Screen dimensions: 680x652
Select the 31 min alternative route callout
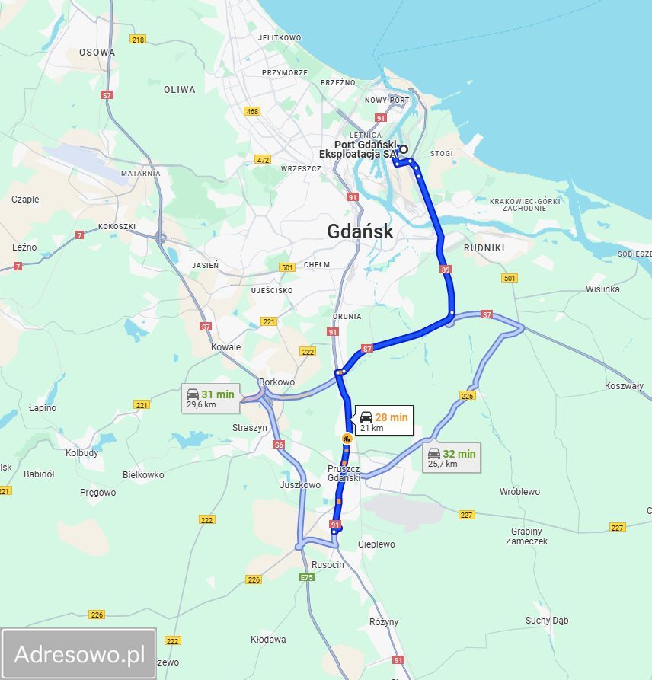pos(210,398)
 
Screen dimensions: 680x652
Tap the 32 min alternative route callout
pos(452,458)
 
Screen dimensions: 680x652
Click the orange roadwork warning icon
pos(347,438)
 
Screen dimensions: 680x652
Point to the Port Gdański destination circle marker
pos(404,149)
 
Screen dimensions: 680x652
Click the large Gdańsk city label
pos(360,231)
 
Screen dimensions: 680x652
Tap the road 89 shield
pos(446,270)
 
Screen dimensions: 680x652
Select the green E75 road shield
pos(307,578)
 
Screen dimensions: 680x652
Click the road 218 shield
pos(138,39)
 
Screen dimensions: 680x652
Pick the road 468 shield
pos(252,111)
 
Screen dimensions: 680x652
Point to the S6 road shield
pos(279,445)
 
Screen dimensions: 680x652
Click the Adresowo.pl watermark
pos(79,653)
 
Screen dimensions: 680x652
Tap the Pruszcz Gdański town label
pos(344,473)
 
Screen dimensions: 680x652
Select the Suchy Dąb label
pos(547,621)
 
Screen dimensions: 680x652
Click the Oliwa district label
pos(180,89)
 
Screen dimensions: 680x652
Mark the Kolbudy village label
pos(81,453)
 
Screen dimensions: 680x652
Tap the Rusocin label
pos(328,565)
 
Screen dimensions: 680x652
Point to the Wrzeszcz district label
pos(301,168)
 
